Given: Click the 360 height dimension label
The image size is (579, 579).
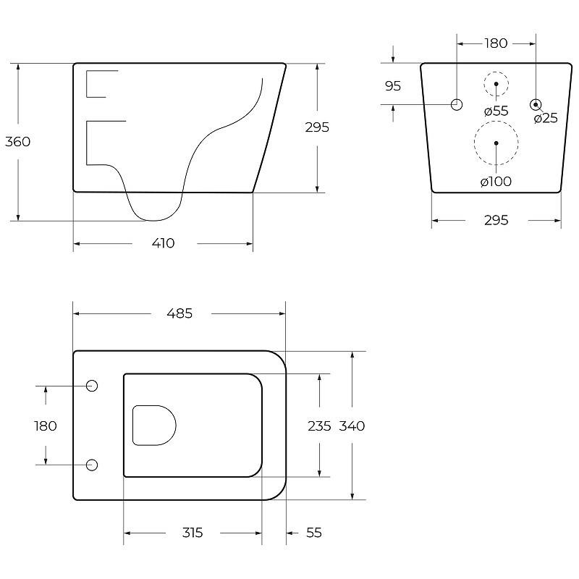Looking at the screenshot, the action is [x=17, y=141].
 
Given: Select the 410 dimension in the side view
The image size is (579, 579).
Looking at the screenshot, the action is [x=164, y=243].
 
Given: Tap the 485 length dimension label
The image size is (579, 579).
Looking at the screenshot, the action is [x=179, y=313].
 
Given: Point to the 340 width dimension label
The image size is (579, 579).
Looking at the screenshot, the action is [x=352, y=426].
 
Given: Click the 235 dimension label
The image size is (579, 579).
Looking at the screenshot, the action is [x=319, y=426].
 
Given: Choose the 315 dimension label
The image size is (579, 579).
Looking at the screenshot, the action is [x=193, y=533].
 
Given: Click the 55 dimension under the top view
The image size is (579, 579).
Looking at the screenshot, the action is [x=314, y=533].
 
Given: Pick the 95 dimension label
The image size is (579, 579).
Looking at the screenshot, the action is [x=393, y=85].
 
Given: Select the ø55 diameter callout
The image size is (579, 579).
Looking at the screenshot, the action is [x=496, y=111].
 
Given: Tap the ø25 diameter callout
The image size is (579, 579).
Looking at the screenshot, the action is [x=546, y=118].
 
